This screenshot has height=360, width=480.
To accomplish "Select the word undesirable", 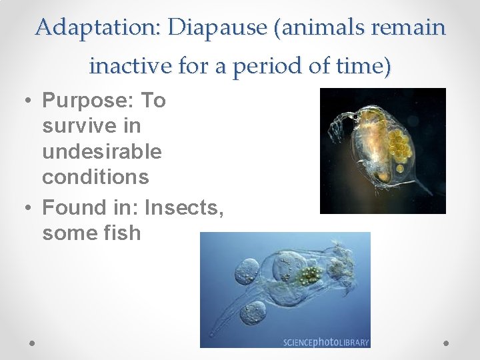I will click(x=101, y=151).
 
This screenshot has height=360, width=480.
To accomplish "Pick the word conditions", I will click(x=95, y=177).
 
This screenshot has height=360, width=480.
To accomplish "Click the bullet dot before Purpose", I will click(x=26, y=101).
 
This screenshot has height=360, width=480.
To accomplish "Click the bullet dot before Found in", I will click(x=26, y=208).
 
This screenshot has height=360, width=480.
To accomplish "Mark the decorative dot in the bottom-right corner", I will click(x=447, y=343).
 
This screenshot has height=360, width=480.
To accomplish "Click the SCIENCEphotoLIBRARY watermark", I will click(x=325, y=342).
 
